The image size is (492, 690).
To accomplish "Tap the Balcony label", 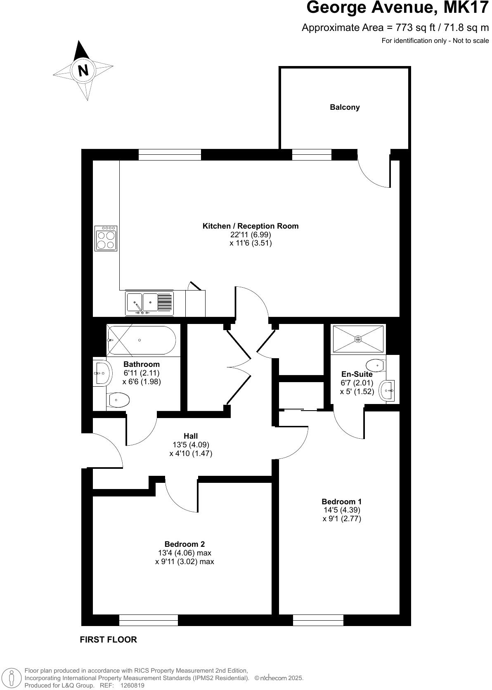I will pos(345,107).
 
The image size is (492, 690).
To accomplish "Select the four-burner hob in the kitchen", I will pos(106,238).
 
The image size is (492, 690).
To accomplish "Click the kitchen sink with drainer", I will pos(149,303).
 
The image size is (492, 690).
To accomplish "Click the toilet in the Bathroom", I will pos(118,400).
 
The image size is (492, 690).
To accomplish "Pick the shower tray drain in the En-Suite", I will pos(358,339).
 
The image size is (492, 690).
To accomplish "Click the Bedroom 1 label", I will pos(342,501).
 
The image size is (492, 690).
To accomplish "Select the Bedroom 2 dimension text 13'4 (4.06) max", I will pos(184,553).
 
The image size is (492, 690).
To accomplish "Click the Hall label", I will pos(191,436).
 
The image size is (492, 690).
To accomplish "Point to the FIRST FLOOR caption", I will pos(108,640).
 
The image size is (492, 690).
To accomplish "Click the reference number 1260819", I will pos(132,685).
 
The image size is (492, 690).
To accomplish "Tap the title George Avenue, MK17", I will pos(397,8).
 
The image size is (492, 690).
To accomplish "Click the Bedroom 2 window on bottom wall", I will pos(149,620).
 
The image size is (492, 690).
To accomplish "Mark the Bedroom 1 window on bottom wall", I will pos(318,620).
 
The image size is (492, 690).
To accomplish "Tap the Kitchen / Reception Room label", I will pos(251,226).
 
